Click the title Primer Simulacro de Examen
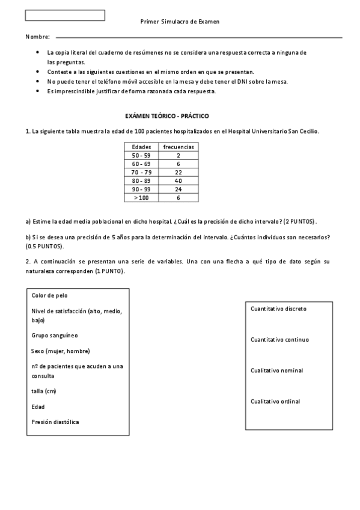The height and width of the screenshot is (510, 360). [180, 21]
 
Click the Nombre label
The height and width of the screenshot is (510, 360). [37, 37]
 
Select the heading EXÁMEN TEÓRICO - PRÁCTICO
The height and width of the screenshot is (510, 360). [166, 115]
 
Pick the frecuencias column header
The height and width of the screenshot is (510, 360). [178, 147]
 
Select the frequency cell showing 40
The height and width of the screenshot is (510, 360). [178, 180]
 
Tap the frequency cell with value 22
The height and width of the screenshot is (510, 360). [178, 172]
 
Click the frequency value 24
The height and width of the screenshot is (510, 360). [178, 189]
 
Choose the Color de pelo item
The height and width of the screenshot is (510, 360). [50, 295]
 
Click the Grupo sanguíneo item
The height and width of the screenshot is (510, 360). [55, 335]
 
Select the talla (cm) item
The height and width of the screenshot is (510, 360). [44, 392]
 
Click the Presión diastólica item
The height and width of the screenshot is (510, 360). [55, 422]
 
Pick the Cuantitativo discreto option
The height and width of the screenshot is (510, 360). [278, 309]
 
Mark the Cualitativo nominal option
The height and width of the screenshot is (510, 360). [276, 370]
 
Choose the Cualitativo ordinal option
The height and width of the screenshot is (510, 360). [275, 401]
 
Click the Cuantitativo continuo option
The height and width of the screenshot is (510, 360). [279, 340]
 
